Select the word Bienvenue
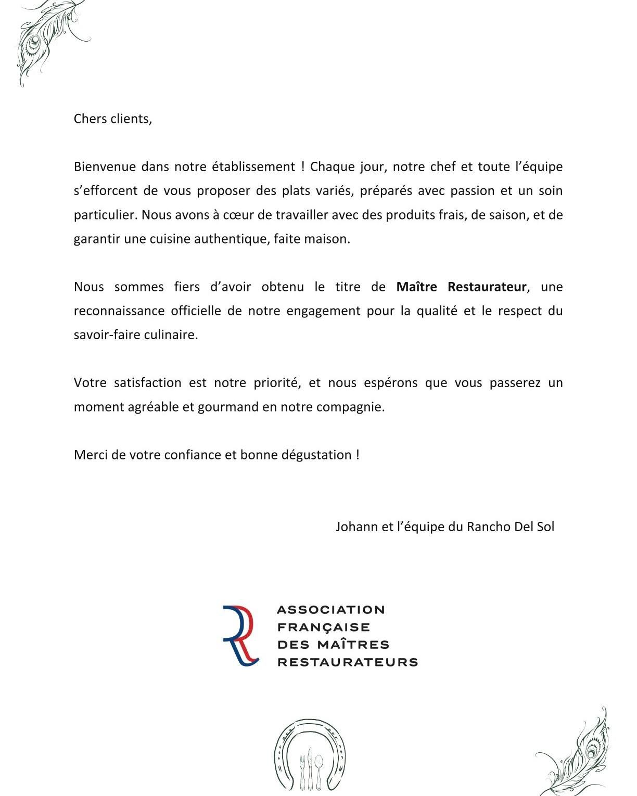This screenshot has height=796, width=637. click(104, 166)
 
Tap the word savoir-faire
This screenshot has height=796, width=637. click(106, 335)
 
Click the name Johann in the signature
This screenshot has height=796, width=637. click(357, 527)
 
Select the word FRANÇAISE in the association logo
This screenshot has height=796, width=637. click(324, 627)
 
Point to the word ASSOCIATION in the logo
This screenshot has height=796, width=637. click(331, 609)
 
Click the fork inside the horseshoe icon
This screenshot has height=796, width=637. click(303, 769)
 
